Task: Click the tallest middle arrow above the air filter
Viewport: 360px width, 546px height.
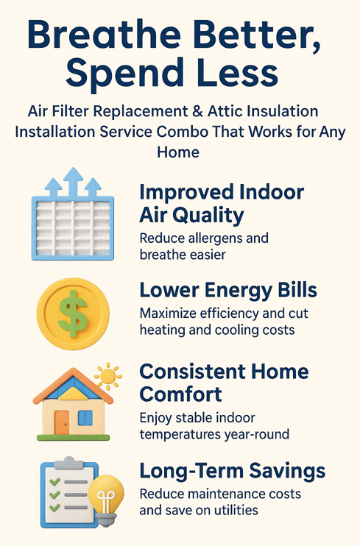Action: coord(73,182)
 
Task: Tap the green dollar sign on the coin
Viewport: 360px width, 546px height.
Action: coord(72,313)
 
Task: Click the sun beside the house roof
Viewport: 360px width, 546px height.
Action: coord(108,376)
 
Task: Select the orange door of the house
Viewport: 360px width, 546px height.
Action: coord(62,422)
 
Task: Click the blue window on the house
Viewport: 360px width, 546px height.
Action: coord(85,418)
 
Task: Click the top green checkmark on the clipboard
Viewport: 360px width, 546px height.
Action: coord(54,482)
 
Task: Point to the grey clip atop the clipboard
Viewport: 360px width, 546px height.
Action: coord(69,463)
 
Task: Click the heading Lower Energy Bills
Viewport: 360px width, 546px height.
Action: coord(228,290)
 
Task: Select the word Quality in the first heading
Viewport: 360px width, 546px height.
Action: coord(208,216)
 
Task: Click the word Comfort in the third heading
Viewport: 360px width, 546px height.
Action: coord(180,394)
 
